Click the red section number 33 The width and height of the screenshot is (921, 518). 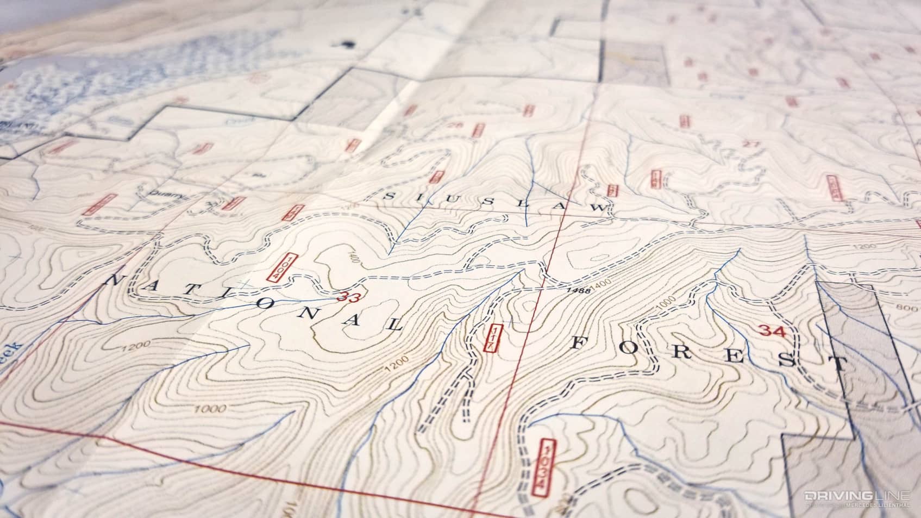tap(348, 297)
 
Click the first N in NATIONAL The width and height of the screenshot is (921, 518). tap(115, 281)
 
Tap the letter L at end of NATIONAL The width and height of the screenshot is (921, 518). tap(393, 326)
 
